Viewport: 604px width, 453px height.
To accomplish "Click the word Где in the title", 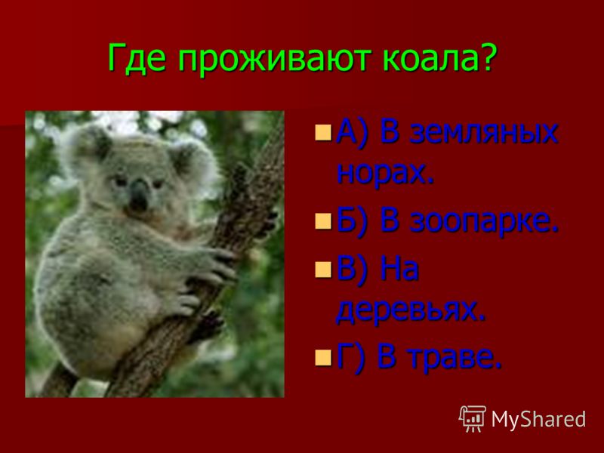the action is pyautogui.click(x=137, y=58).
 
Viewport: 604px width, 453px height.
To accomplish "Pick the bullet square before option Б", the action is pyautogui.click(x=323, y=221).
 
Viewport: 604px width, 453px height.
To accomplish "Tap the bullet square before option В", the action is pyautogui.click(x=323, y=270).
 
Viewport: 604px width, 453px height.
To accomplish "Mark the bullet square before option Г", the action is pyautogui.click(x=323, y=356).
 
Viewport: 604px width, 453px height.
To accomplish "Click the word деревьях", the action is pyautogui.click(x=410, y=310).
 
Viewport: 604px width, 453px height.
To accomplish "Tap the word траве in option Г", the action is pyautogui.click(x=455, y=356).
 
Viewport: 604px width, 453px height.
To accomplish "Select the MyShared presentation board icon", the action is pyautogui.click(x=473, y=419).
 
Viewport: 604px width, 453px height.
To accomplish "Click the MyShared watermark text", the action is pyautogui.click(x=538, y=419).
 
